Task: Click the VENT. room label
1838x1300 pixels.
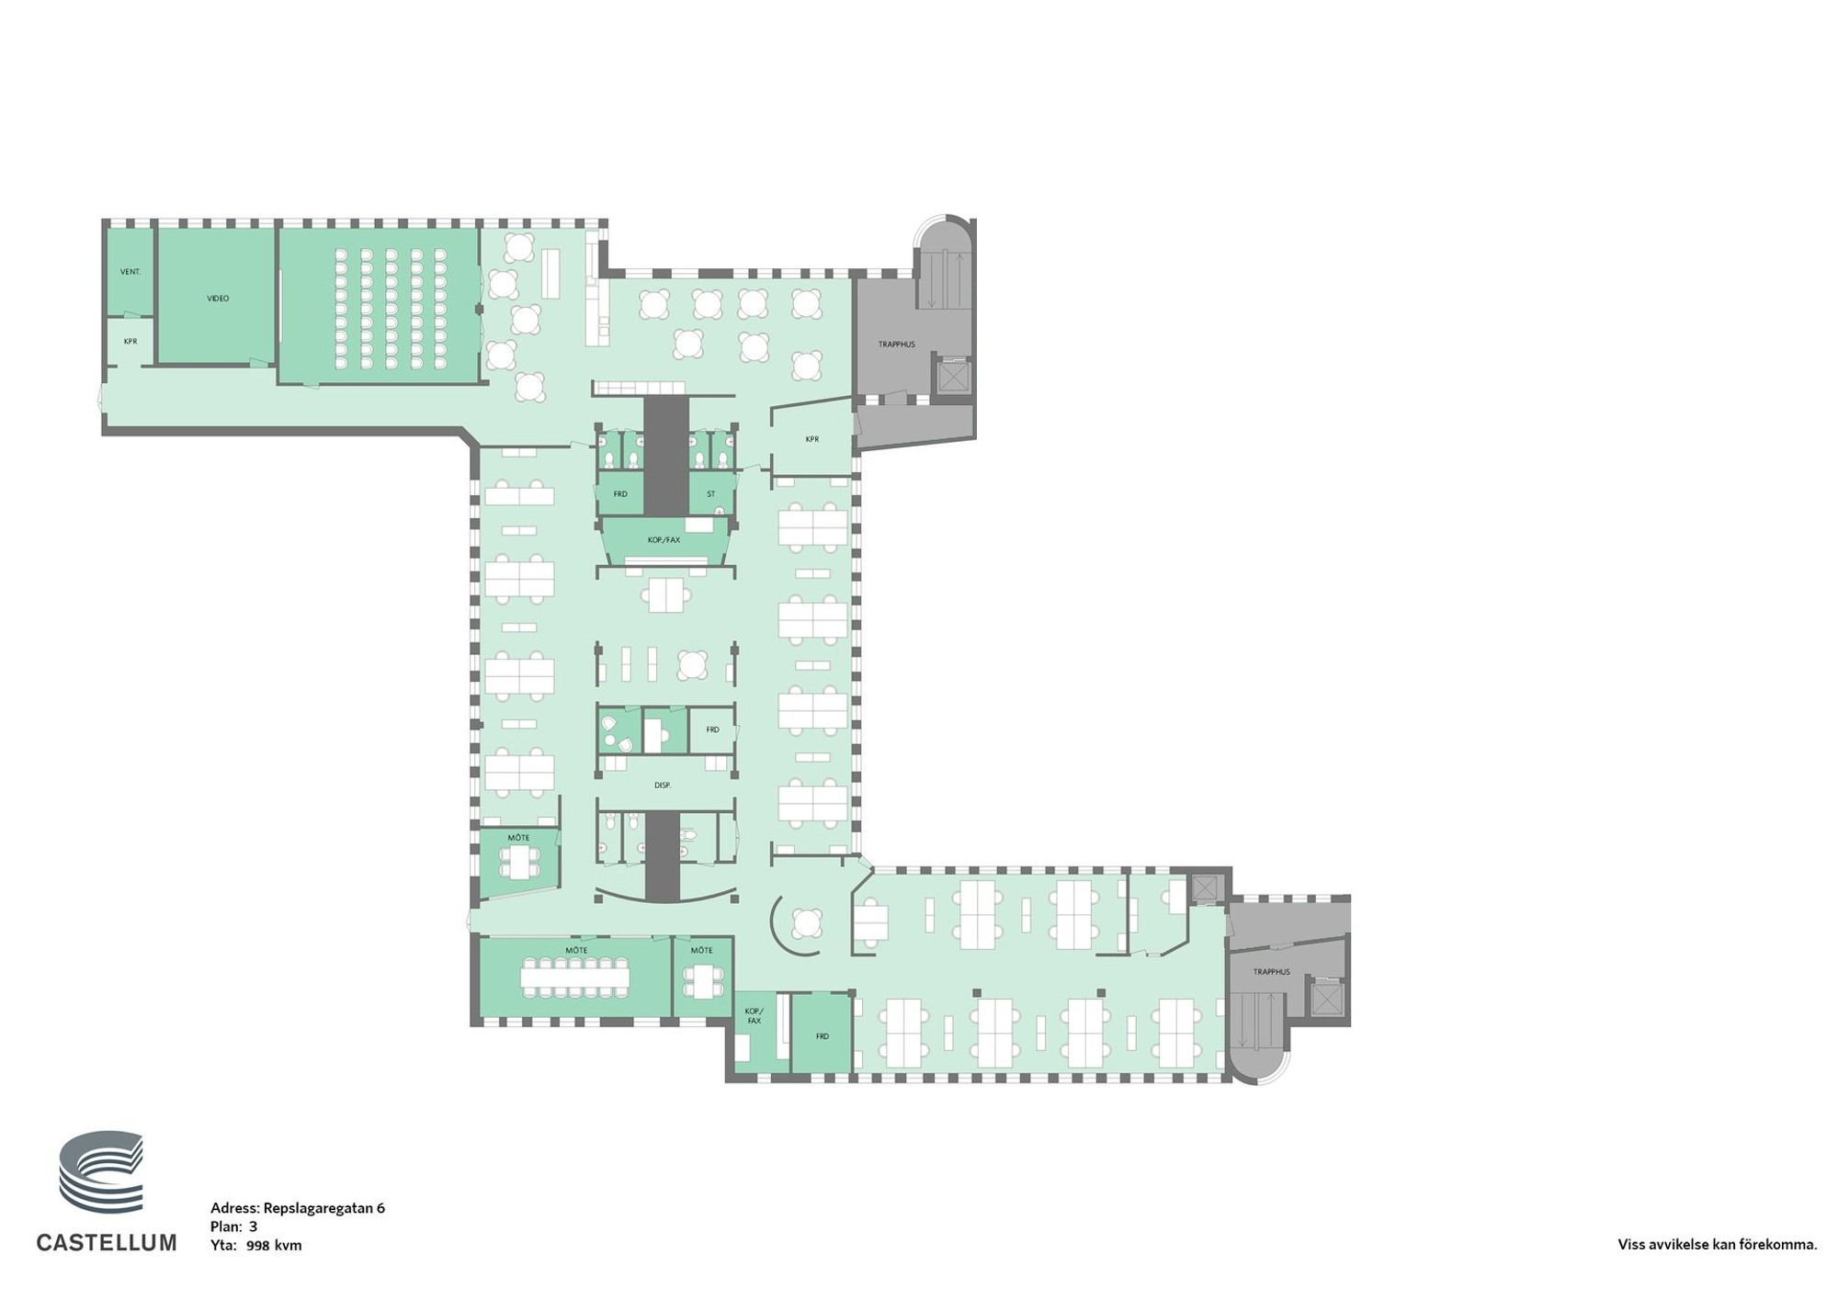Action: (130, 272)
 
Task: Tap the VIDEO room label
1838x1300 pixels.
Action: (218, 299)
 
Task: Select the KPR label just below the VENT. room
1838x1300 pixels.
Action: (130, 342)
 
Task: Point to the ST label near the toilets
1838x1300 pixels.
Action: (711, 494)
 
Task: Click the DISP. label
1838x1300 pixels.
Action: (663, 786)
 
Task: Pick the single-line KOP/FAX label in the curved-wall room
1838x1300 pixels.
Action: (664, 540)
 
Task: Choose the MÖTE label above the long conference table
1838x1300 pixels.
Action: (576, 950)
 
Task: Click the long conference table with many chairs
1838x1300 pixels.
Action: (575, 977)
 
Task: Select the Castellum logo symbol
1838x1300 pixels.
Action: (102, 1172)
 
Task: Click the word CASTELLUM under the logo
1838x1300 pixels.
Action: (107, 1243)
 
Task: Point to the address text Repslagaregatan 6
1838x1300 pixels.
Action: (324, 1208)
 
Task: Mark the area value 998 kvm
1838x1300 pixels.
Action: (274, 1246)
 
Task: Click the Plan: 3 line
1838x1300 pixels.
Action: (234, 1227)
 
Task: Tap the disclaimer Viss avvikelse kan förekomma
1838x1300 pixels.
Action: (1718, 1246)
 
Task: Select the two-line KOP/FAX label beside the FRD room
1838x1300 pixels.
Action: (754, 1016)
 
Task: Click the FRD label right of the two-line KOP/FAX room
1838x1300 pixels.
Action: (823, 1036)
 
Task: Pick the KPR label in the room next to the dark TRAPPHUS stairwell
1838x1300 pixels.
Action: (812, 439)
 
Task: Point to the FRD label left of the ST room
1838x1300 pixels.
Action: (620, 494)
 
